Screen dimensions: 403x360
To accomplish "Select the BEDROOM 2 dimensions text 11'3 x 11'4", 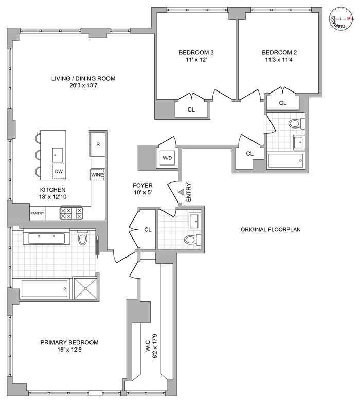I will (x=279, y=60).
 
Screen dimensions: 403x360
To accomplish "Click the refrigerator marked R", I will (x=98, y=143).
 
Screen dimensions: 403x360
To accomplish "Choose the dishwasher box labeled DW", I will (x=60, y=172).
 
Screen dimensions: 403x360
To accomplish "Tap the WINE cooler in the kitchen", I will (x=97, y=175).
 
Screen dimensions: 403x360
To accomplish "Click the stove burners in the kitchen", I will (x=71, y=213).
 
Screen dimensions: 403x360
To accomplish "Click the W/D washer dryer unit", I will (x=167, y=158).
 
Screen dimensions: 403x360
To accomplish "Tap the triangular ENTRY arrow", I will (x=182, y=192).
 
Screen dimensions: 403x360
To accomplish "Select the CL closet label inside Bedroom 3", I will (x=191, y=109).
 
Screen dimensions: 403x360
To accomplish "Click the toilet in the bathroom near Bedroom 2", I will (x=294, y=124).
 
